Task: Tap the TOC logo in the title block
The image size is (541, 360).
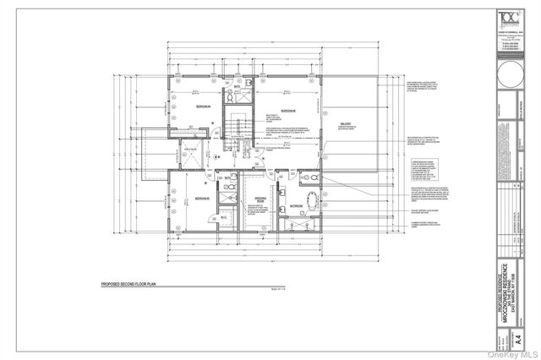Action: [506, 19]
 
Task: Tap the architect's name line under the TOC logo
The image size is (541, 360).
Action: [506, 30]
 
